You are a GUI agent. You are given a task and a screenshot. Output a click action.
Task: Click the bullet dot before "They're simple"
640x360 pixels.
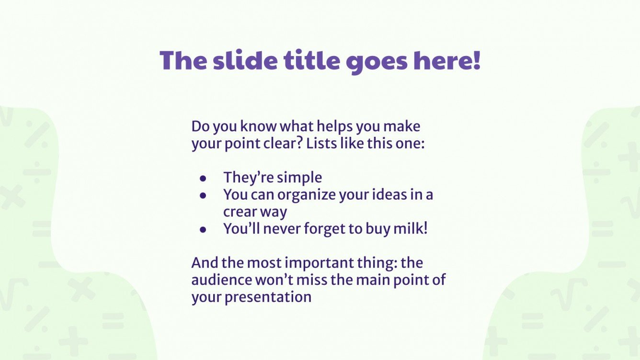[x=203, y=178]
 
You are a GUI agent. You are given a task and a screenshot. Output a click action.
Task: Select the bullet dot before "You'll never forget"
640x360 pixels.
[x=203, y=229]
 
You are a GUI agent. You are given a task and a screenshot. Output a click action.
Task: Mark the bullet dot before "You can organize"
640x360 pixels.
[x=203, y=195]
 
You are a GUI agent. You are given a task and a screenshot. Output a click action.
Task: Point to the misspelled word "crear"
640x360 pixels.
[x=238, y=212]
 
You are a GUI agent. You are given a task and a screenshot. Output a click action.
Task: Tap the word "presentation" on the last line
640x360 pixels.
[x=268, y=297]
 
